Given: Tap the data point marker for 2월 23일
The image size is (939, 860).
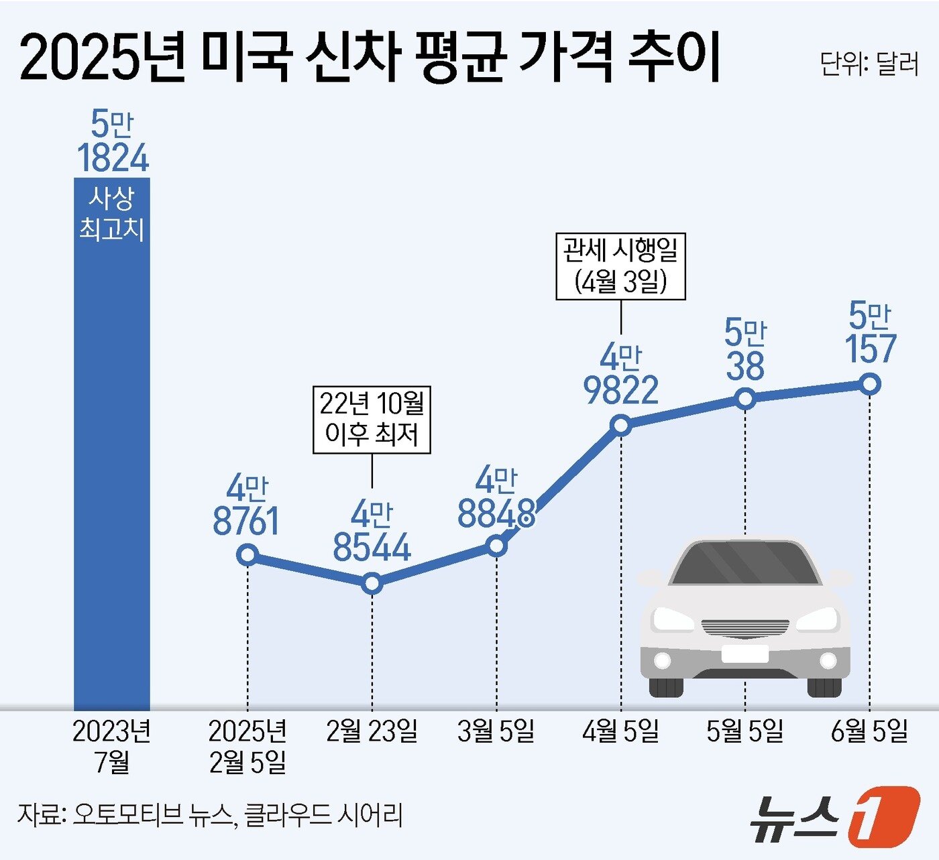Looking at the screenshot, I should coord(372,583).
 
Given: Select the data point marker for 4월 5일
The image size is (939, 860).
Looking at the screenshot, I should coord(621,425).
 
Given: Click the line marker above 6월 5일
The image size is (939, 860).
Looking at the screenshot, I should coord(870,384).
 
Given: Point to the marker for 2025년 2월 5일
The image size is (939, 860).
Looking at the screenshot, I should coord(247,555).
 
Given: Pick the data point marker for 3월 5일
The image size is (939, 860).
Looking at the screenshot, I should coord(496,546).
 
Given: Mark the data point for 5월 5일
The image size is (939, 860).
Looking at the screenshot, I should coord(745,399).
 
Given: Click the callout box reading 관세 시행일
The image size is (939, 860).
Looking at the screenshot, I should coord(621,266).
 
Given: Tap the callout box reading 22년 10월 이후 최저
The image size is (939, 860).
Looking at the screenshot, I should coord(372,420).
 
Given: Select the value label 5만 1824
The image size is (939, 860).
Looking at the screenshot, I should coord(112,142).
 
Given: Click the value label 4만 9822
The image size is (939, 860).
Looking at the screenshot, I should coord(621,375).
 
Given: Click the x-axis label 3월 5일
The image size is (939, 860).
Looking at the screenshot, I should coord(496,731).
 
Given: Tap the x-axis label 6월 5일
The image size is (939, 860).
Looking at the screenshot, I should coord(869,731).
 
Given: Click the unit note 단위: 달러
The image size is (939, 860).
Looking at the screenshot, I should coord(869,64).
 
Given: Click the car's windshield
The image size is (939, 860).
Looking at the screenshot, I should coord(744,563).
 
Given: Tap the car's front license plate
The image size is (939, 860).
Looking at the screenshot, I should coord(744,654).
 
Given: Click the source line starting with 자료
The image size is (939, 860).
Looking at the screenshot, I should coord(210,814).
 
